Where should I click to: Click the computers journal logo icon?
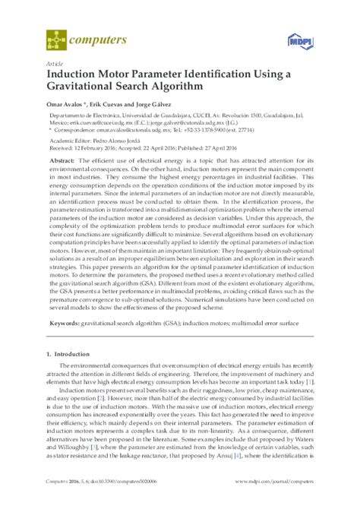tap(55, 35)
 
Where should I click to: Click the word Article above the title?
tap(55, 64)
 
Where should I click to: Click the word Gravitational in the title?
tap(88, 87)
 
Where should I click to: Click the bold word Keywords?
tap(66, 323)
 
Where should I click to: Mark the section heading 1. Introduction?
tap(71, 353)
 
